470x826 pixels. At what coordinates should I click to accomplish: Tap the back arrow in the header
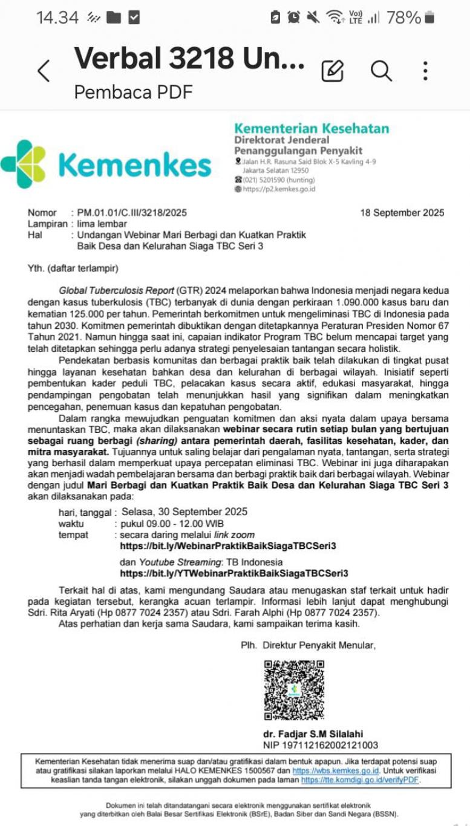pos(43,71)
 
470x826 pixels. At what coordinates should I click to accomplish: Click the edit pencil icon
pos(332,71)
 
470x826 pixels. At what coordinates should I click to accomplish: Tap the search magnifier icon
pos(381,71)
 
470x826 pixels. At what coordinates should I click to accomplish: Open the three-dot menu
pos(426,71)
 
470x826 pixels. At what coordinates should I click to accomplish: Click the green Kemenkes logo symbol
pos(23,163)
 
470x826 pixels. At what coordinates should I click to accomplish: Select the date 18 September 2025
pos(402,213)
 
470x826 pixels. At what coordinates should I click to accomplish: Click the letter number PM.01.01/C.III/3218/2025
pos(132,213)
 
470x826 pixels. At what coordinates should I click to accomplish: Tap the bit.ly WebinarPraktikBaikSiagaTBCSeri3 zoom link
pos(228,546)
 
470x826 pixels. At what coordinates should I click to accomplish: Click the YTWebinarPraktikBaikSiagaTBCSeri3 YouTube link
pos(233,573)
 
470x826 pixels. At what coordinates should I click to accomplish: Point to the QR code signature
pos(294,690)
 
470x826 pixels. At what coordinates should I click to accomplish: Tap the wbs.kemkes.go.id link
pos(336,771)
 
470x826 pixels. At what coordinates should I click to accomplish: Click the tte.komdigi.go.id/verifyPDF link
pos(359,780)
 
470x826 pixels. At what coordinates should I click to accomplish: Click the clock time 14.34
pos(57,18)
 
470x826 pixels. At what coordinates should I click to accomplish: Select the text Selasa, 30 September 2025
pos(184,512)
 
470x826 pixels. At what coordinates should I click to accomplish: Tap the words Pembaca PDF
pos(133,93)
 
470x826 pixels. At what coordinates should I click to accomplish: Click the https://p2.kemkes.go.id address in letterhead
pos(278,189)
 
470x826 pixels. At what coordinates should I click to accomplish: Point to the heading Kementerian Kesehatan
pos(312,128)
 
